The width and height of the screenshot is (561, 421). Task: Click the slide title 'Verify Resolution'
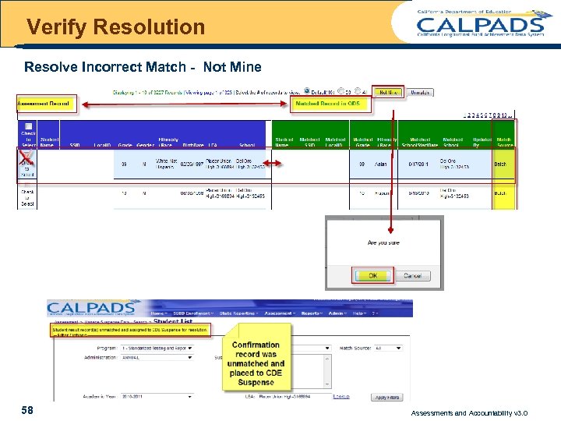coord(115,27)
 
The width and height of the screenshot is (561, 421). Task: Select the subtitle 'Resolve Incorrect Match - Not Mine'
coord(143,67)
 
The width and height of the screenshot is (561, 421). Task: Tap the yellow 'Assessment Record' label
coord(44,103)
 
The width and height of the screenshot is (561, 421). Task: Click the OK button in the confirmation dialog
coord(373,276)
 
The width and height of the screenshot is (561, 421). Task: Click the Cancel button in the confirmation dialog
coord(412,276)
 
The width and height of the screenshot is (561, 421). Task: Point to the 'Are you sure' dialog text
coord(383,243)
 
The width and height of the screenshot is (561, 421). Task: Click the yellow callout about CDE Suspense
coord(256,363)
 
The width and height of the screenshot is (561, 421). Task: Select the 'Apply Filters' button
coord(386,398)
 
